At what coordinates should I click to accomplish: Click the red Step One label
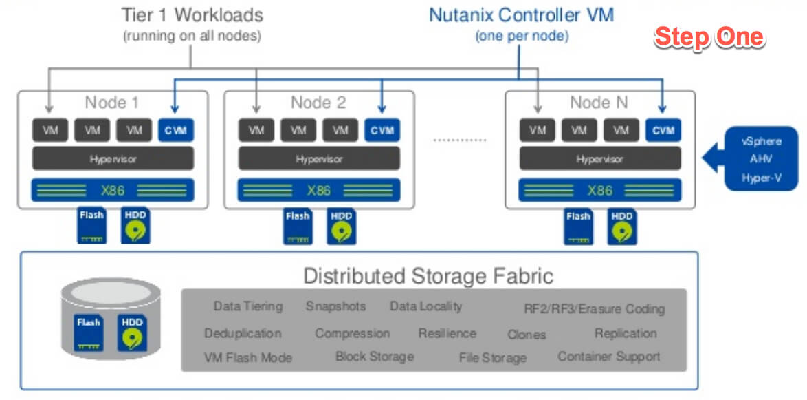[709, 37]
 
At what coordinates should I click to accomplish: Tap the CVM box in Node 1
[176, 130]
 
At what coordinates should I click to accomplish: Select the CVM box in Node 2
[382, 130]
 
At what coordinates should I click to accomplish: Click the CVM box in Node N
[663, 130]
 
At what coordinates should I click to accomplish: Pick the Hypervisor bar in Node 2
[318, 159]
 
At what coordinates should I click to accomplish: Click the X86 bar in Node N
[599, 190]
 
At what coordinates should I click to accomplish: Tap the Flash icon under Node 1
[91, 226]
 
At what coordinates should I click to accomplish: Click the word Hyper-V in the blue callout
[760, 178]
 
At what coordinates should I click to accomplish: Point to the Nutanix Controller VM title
[522, 15]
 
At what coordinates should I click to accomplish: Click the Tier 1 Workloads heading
[192, 15]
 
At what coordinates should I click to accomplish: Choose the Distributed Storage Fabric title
[428, 276]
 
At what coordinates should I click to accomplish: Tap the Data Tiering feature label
[247, 306]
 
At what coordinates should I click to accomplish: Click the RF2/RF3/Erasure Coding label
[594, 308]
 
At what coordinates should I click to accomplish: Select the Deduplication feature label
[243, 333]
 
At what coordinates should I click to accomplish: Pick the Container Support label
[608, 357]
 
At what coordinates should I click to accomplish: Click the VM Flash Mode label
[248, 357]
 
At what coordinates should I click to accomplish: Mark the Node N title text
[599, 103]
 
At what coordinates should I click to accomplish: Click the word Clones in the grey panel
[527, 335]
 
